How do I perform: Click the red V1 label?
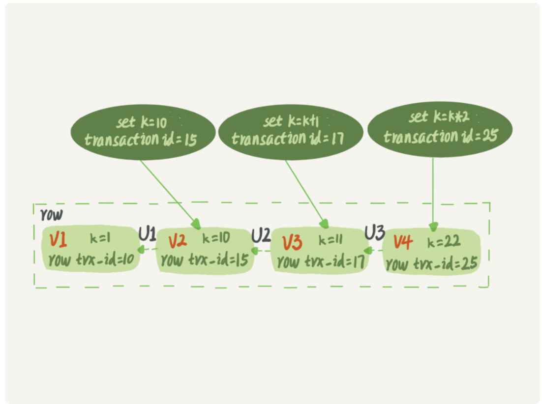pyautogui.click(x=59, y=240)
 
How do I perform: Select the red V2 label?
pyautogui.click(x=177, y=241)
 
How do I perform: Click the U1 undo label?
pyautogui.click(x=147, y=234)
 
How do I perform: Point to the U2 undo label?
pyautogui.click(x=261, y=235)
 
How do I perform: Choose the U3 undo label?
pyautogui.click(x=374, y=233)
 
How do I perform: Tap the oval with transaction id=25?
pyautogui.click(x=440, y=129)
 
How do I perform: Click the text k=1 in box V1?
pyautogui.click(x=100, y=238)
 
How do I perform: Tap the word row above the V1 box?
pyautogui.click(x=51, y=215)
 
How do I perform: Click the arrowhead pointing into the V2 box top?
pyautogui.click(x=196, y=225)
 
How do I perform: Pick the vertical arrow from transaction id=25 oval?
pyautogui.click(x=433, y=192)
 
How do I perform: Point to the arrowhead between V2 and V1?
pyautogui.click(x=142, y=250)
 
